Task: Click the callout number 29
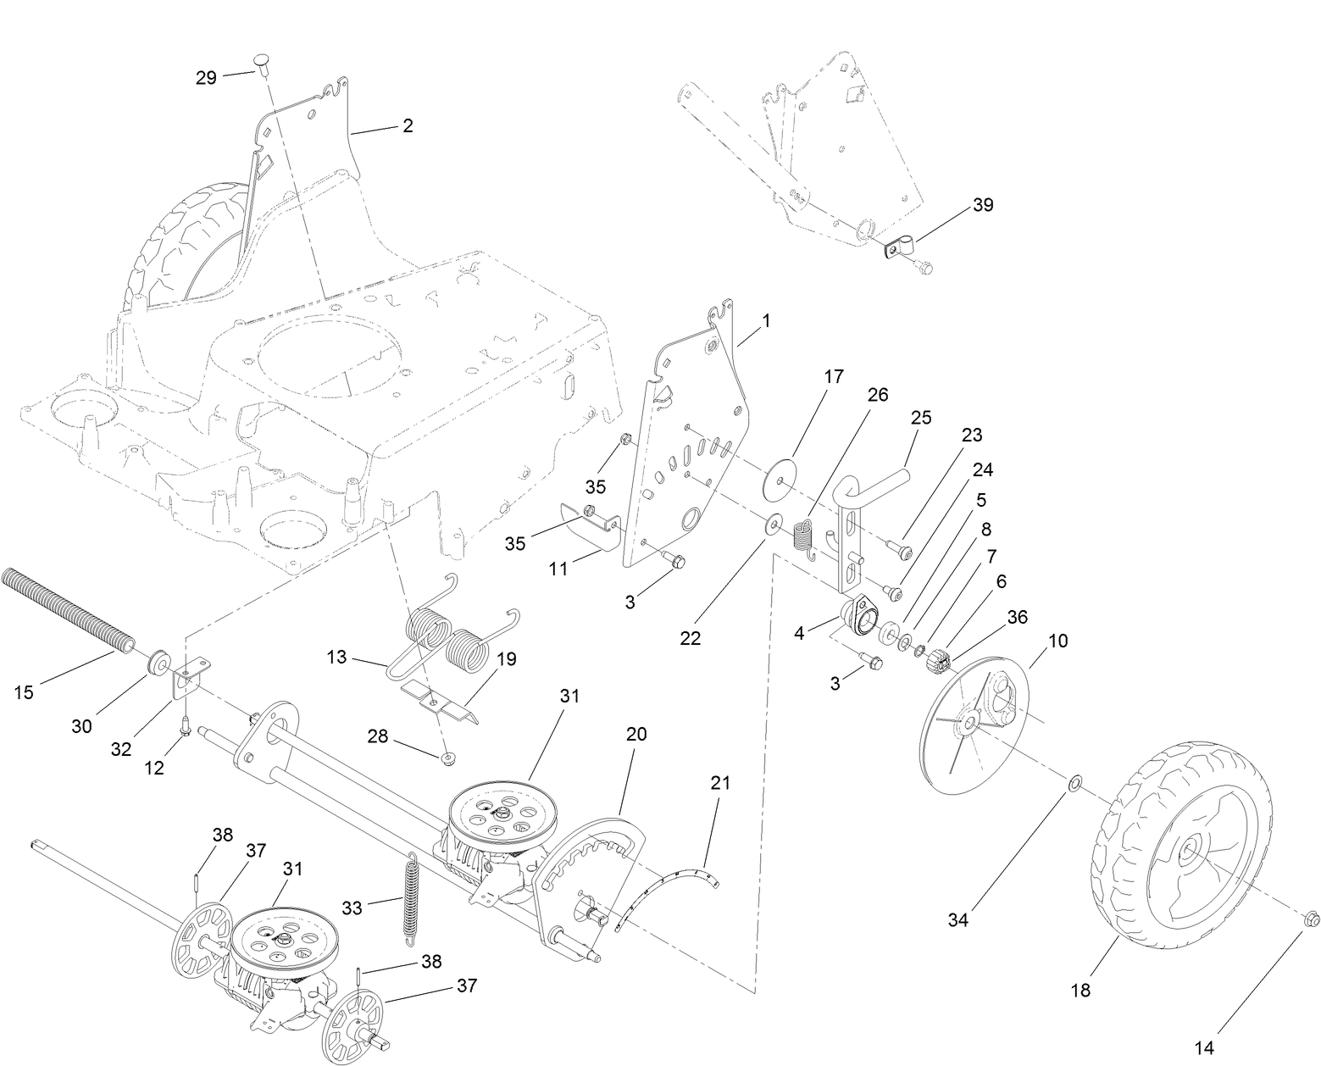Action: (206, 77)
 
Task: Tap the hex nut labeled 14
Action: (1309, 918)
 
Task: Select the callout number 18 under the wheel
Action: (1081, 990)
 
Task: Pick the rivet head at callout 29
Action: (262, 62)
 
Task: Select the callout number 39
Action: (983, 205)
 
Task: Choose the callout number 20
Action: (636, 734)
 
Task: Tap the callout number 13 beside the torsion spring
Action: (336, 657)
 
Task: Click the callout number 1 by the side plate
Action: (766, 321)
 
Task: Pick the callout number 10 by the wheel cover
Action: (1058, 641)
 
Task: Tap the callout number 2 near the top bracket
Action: (408, 125)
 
